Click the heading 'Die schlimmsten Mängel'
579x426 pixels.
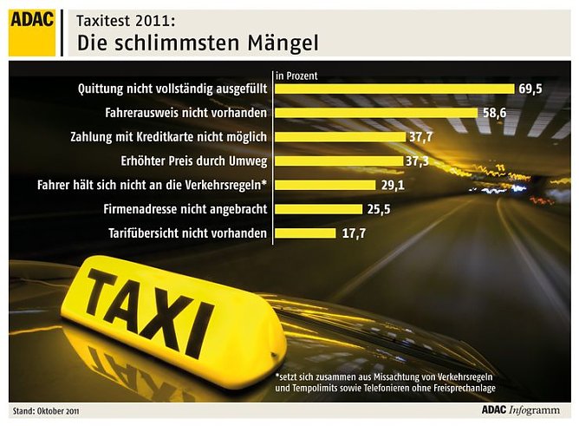[x=197, y=43]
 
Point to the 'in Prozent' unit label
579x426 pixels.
[x=296, y=75]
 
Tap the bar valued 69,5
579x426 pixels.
[x=394, y=88]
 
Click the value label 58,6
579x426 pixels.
[x=494, y=113]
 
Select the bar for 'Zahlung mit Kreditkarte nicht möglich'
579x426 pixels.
[x=340, y=137]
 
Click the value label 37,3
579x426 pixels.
[x=418, y=161]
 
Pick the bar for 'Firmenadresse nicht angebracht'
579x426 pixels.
[x=317, y=209]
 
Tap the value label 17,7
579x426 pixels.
[x=352, y=233]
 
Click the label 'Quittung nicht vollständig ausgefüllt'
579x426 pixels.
[x=172, y=88]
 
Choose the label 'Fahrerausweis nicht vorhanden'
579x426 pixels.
[x=185, y=113]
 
